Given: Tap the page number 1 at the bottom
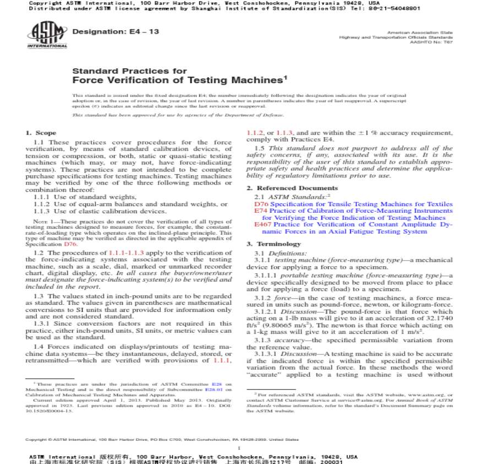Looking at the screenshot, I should coord(239,448).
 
